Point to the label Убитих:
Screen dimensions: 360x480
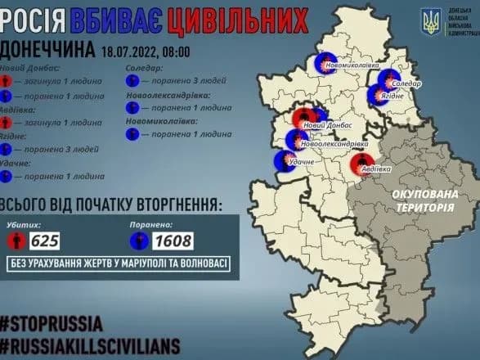click(x=23, y=222)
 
